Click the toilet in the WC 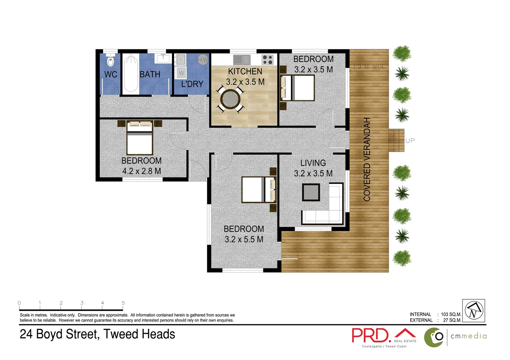coord(110,61)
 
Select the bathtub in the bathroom coord(130,74)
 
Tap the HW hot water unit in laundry coord(203,60)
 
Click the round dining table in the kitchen coord(230,99)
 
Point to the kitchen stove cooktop coord(268,60)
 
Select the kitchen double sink coord(241,60)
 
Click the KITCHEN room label coord(245,71)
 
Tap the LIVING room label coord(313,163)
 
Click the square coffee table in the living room coord(311,192)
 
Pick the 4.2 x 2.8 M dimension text coord(141,171)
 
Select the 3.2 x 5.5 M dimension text coord(244,239)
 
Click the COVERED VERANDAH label coord(367,159)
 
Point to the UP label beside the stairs coord(410,141)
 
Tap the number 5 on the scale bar coord(123,303)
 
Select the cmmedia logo coord(455,337)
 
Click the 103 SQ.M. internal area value coord(451,314)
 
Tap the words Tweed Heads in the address coord(139,334)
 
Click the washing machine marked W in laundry coord(181,73)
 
